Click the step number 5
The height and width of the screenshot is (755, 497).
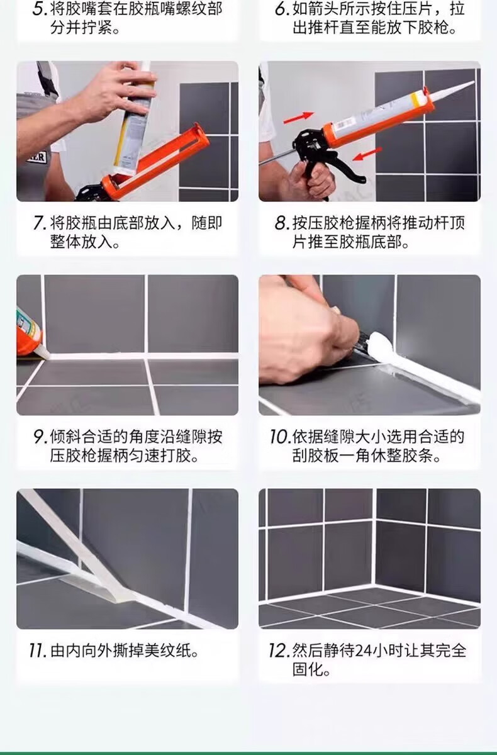(40, 8)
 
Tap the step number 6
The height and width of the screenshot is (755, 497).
(282, 8)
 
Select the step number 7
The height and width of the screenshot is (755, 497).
(40, 223)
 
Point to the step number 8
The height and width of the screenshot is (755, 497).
(282, 223)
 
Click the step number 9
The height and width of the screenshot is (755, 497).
(40, 437)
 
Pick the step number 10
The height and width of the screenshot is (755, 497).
(281, 437)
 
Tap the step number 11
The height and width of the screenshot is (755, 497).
(38, 651)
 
